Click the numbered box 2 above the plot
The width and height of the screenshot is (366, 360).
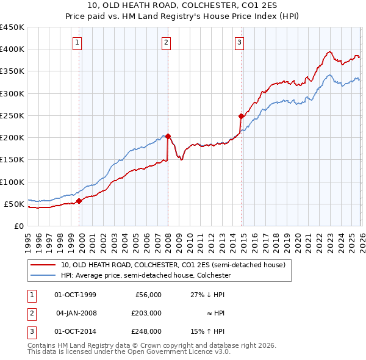[x=166, y=42]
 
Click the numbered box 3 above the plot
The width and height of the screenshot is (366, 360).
[x=240, y=42]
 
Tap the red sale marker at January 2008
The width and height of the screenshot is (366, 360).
[x=168, y=136]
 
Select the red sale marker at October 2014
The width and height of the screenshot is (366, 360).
[x=241, y=116]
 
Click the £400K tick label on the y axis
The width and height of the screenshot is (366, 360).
[x=12, y=49]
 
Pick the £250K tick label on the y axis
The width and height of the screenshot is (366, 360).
[x=12, y=115]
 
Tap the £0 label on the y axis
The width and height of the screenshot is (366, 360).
[x=18, y=226]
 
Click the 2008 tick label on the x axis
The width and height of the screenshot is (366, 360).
[x=168, y=240]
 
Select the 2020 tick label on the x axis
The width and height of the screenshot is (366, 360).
[x=296, y=240]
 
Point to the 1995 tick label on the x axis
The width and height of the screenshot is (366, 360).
[x=28, y=240]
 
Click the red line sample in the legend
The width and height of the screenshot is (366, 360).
[x=43, y=265]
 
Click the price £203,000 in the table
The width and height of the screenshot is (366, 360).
[x=146, y=313]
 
